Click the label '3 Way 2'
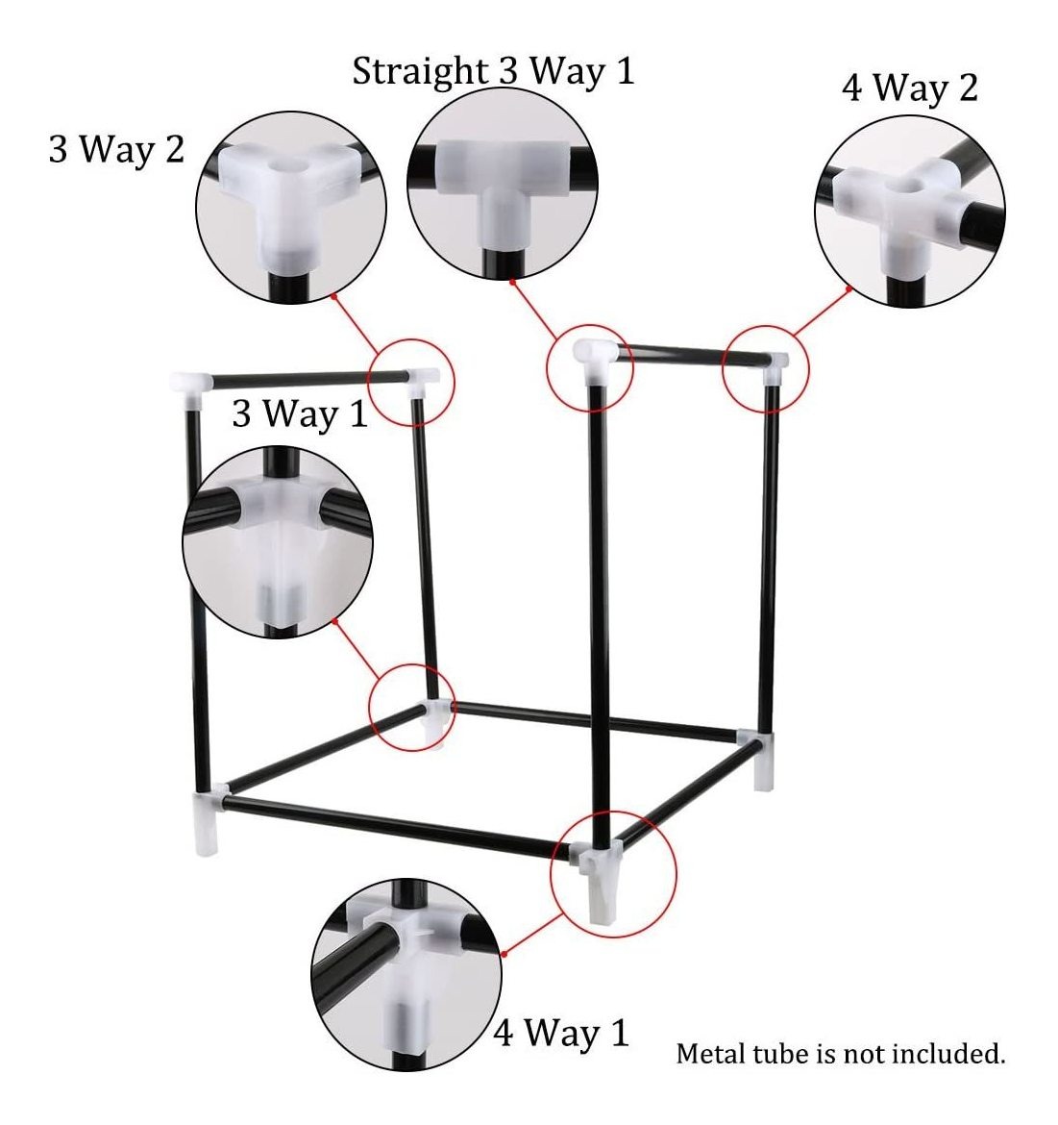pos(117,149)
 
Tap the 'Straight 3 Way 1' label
pos(493,71)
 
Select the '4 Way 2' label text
pos(910,87)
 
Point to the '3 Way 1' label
pos(300,413)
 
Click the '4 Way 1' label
pos(561,1033)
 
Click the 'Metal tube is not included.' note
pos(841,1053)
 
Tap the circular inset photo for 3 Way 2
pos(291,207)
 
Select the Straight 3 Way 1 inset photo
pos(503,184)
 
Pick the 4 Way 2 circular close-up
pos(910,212)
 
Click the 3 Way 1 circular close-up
pos(278,541)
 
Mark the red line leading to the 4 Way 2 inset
pos(823,312)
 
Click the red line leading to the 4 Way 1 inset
pos(532,935)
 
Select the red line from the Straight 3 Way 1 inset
pos(534,310)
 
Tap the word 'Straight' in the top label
pos(420,72)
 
